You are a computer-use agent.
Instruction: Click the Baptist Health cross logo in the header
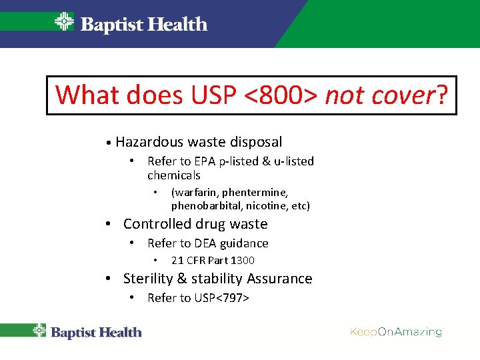[64, 22]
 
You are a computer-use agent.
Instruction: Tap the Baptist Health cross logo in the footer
[39, 331]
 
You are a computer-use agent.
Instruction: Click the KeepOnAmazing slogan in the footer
[396, 332]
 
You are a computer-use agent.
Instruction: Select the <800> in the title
[280, 95]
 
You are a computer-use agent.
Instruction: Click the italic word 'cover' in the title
[401, 95]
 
